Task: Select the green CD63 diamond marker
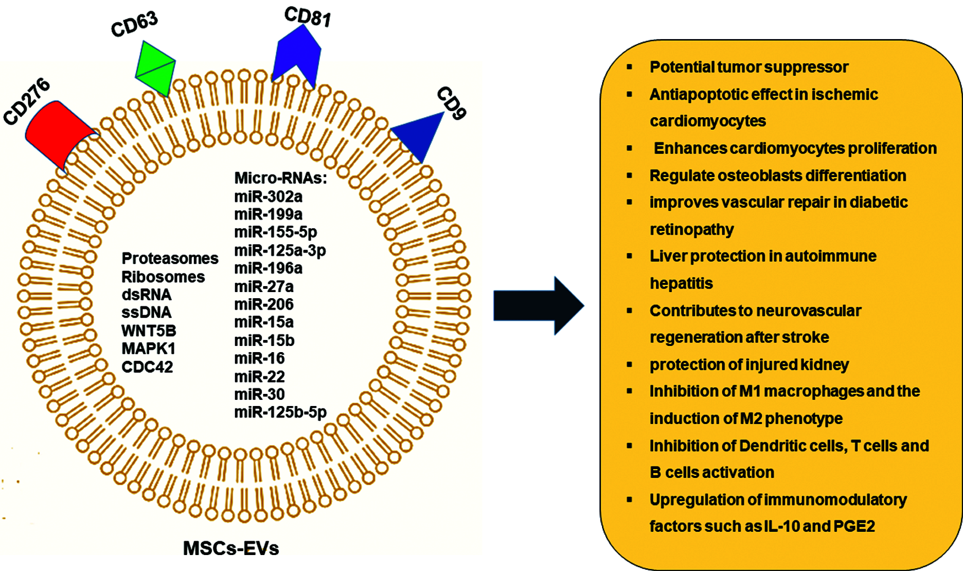(155, 69)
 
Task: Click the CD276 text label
(26, 101)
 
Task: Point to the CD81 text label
(308, 17)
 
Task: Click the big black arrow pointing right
(539, 306)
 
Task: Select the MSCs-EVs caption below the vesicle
(231, 548)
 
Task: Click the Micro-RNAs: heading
(281, 178)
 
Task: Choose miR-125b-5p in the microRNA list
(281, 412)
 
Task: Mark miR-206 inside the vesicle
(264, 304)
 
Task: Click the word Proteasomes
(170, 258)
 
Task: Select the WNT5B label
(149, 331)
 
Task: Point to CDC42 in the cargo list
(147, 367)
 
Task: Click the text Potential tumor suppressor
(749, 67)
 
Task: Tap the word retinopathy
(692, 229)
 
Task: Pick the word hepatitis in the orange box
(681, 283)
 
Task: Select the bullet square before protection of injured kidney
(630, 364)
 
